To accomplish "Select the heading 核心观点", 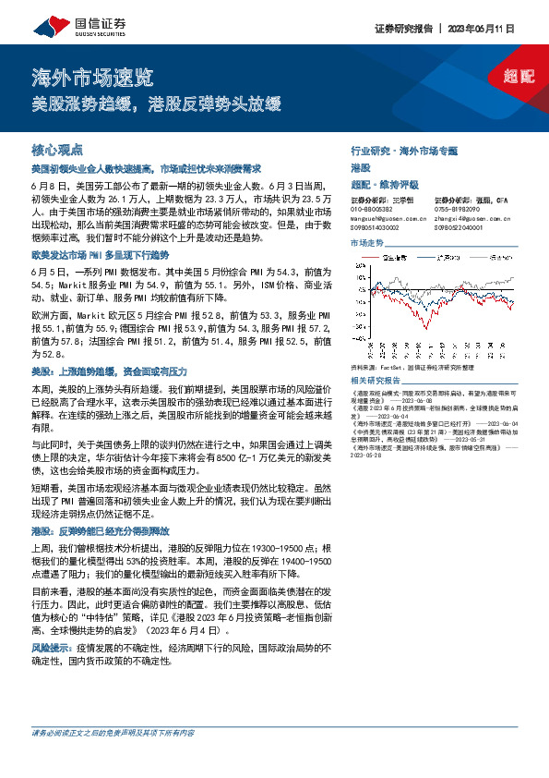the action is [x=57, y=149].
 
